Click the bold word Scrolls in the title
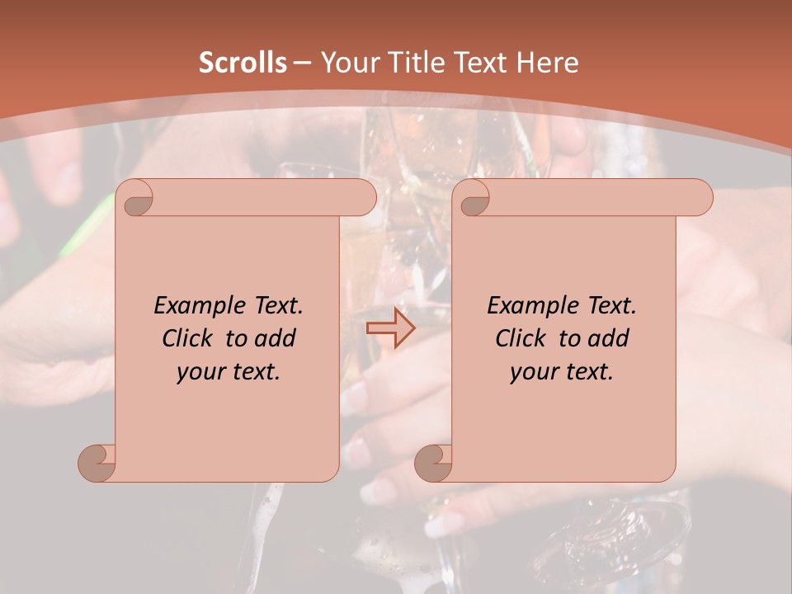click(243, 63)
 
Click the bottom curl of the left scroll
click(97, 463)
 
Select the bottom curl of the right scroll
click(434, 463)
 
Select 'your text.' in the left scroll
click(228, 372)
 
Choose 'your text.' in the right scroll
click(561, 372)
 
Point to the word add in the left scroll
click(276, 338)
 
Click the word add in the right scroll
click(609, 338)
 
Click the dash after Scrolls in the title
click(302, 63)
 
